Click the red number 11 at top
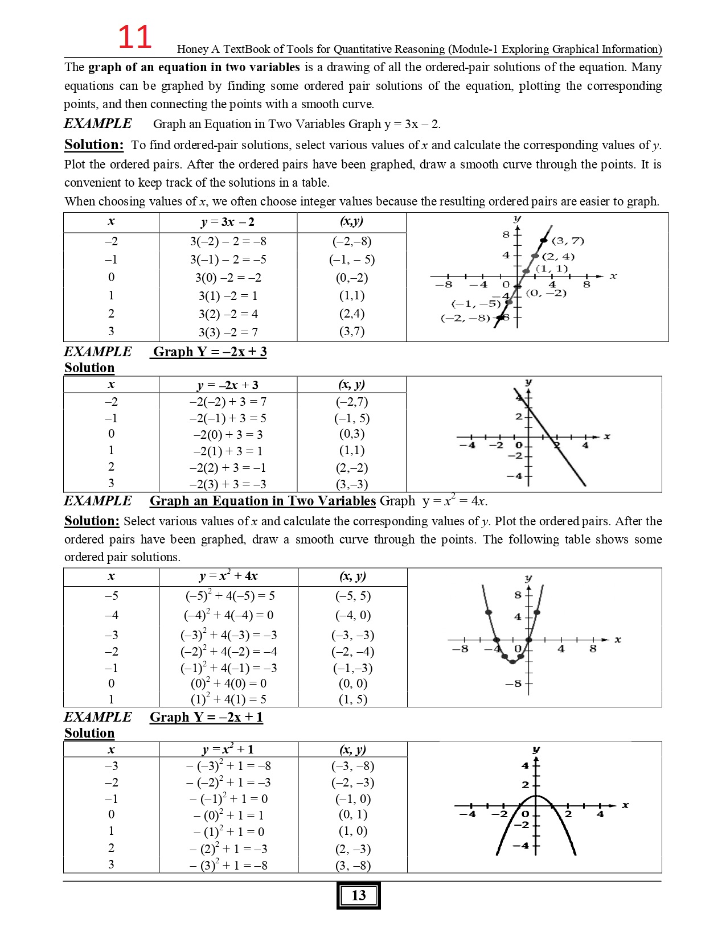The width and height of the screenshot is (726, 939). pos(134,38)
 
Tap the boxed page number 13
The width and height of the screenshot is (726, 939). pos(358,895)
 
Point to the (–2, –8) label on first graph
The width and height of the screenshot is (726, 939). pos(465,318)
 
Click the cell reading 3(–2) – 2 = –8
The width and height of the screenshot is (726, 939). pos(228,241)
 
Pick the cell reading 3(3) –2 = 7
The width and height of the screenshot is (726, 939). pos(228,332)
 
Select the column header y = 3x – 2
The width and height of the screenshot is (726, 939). pos(227,222)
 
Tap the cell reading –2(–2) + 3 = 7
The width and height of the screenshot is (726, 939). pos(228,402)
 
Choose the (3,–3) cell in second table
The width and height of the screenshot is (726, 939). pos(352,484)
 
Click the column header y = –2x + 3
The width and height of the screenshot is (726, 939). pos(227,385)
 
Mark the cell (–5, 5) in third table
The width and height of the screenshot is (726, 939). pos(352,596)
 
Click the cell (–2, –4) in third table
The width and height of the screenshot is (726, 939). pos(352,652)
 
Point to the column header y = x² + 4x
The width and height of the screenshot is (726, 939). pos(228,576)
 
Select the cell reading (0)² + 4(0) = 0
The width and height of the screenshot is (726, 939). pos(228,683)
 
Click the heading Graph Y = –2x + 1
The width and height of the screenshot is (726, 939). pos(206,717)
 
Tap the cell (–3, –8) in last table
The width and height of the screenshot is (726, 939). pos(352,766)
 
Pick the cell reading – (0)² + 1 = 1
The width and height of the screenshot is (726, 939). pos(228,815)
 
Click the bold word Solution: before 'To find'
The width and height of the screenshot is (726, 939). pos(93,145)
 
